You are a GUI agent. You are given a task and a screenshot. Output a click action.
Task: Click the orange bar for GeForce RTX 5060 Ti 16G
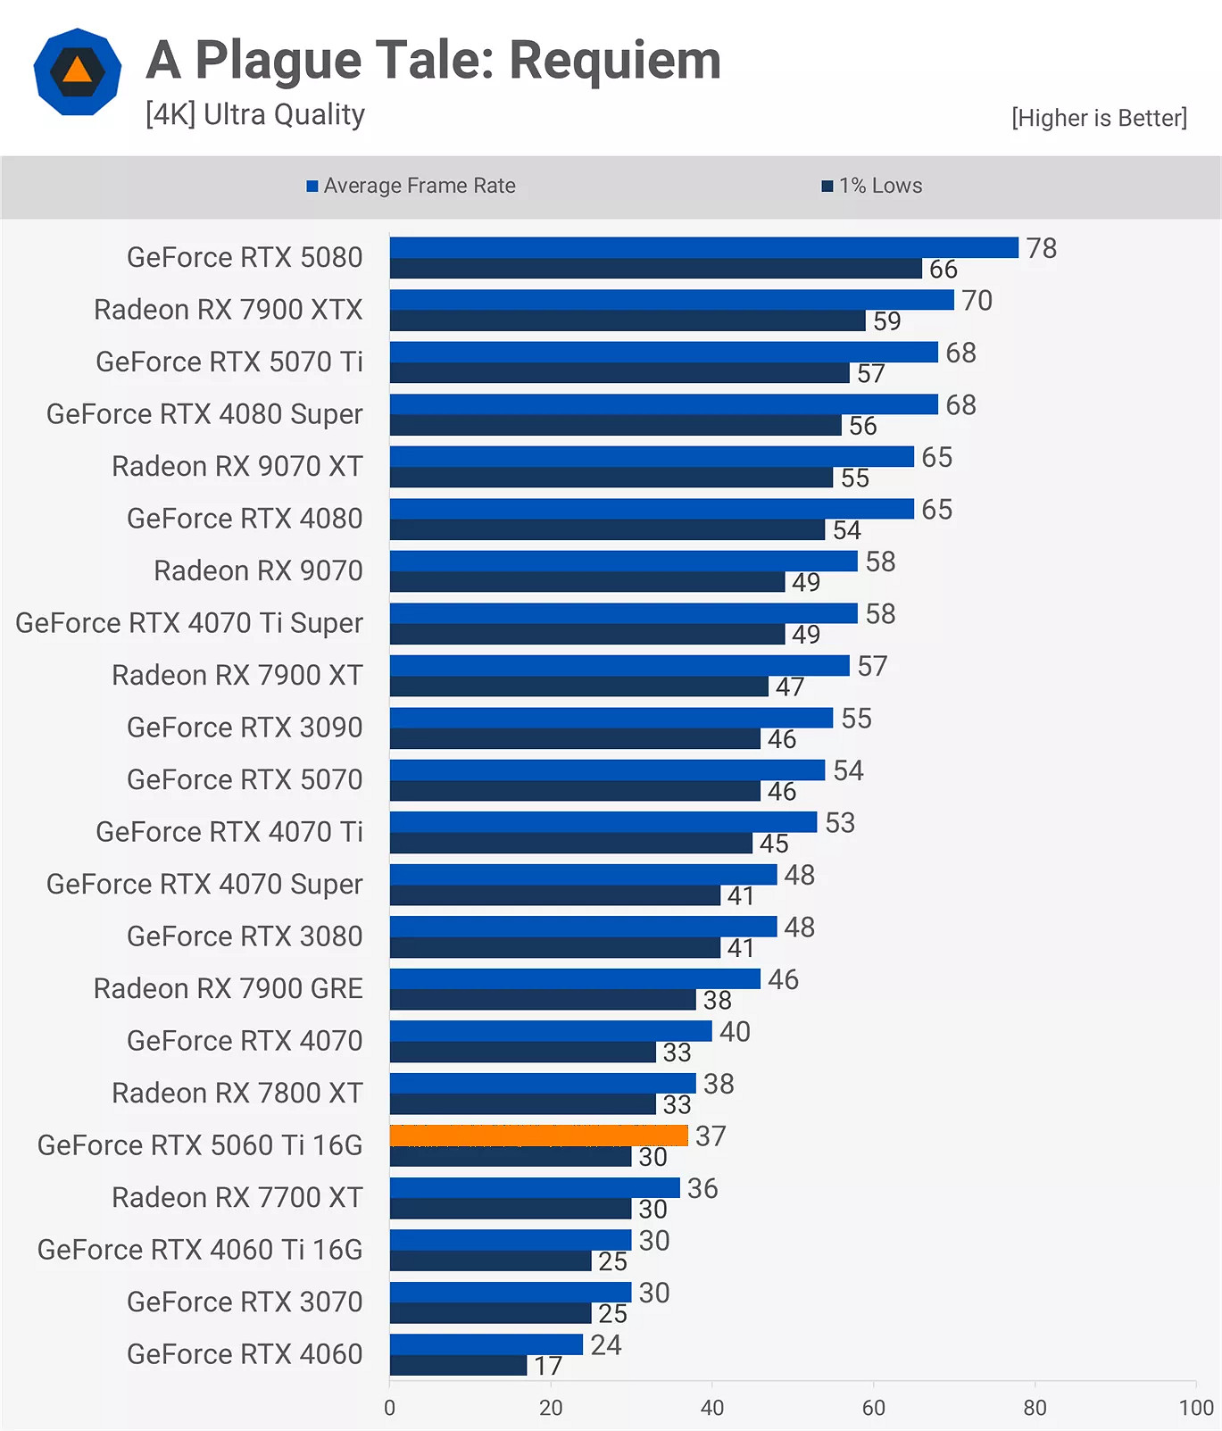[538, 1136]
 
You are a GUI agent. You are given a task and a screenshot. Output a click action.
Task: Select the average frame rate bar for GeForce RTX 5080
[703, 247]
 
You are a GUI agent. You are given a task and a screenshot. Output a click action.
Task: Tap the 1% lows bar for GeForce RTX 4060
[458, 1366]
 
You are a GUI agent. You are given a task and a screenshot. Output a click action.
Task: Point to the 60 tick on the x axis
[873, 1408]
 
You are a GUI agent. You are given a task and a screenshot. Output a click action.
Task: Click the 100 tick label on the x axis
[1195, 1408]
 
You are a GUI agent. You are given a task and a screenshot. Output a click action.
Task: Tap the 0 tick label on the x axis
[389, 1408]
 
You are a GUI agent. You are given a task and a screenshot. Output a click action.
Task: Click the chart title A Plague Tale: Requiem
[433, 61]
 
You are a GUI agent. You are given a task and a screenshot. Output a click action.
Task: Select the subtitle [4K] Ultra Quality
[255, 114]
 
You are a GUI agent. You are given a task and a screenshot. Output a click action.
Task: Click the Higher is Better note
[1099, 118]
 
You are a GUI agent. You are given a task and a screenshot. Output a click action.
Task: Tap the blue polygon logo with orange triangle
[78, 71]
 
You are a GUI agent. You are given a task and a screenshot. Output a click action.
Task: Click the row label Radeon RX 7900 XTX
[229, 310]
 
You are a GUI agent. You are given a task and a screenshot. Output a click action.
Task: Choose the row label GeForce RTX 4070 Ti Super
[189, 623]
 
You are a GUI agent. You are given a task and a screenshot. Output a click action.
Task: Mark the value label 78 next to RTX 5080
[1041, 248]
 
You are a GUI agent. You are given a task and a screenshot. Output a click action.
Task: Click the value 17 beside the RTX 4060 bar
[548, 1366]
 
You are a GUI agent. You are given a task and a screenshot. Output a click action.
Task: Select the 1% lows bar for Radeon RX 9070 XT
[611, 478]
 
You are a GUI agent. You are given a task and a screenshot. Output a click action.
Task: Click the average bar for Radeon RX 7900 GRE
[574, 978]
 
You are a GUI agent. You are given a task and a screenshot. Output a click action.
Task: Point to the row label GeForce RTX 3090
[245, 728]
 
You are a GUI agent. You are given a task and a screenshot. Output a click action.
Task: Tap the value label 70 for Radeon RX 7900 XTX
[977, 301]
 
